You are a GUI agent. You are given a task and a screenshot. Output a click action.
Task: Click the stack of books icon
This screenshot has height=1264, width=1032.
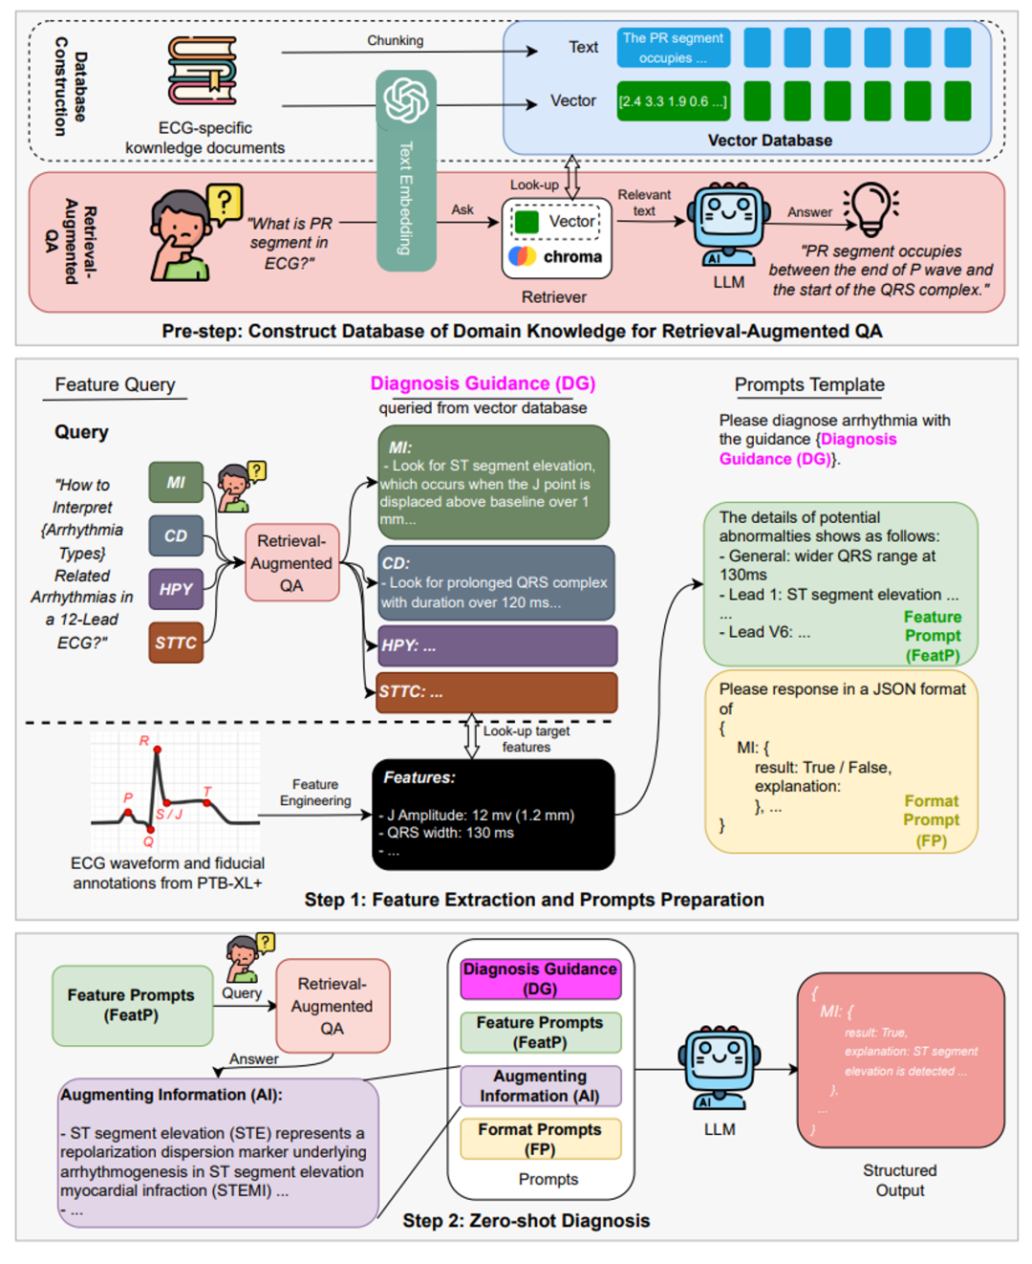pyautogui.click(x=202, y=71)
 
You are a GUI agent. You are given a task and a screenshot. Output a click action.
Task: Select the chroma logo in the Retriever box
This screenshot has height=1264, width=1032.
pyautogui.click(x=523, y=256)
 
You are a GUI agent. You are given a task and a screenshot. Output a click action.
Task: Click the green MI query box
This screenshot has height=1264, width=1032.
pyautogui.click(x=176, y=483)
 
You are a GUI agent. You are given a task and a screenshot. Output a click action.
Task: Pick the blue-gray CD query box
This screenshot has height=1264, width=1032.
pyautogui.click(x=176, y=536)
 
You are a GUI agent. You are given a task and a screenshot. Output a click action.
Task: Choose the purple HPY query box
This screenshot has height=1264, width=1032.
pyautogui.click(x=176, y=589)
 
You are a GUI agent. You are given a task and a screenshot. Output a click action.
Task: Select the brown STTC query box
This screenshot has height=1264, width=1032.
pyautogui.click(x=176, y=643)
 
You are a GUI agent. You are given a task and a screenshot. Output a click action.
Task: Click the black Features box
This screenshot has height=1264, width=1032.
pyautogui.click(x=493, y=815)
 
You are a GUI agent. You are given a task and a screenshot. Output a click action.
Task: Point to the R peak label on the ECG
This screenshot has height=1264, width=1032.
pyautogui.click(x=144, y=741)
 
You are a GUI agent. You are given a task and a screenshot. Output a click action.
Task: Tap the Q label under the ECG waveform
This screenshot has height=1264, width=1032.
pyautogui.click(x=148, y=842)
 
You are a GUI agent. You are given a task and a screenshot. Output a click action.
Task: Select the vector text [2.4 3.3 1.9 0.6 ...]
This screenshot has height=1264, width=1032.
pyautogui.click(x=673, y=101)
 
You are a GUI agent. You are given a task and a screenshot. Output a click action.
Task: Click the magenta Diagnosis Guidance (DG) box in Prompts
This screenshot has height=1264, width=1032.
pyautogui.click(x=540, y=979)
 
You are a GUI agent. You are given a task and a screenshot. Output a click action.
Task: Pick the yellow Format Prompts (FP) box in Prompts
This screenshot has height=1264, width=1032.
pyautogui.click(x=540, y=1139)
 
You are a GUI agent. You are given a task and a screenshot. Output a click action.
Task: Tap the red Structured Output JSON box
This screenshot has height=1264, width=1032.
pyautogui.click(x=900, y=1059)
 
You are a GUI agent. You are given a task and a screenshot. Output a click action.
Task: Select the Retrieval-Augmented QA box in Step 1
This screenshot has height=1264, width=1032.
pyautogui.click(x=291, y=563)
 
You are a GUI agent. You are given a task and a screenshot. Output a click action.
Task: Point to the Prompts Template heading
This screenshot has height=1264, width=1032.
pyautogui.click(x=809, y=384)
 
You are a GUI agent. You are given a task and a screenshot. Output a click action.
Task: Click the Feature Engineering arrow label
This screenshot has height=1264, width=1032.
pyautogui.click(x=315, y=793)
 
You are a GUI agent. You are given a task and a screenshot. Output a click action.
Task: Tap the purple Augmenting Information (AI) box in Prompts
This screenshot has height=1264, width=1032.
pyautogui.click(x=540, y=1086)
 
